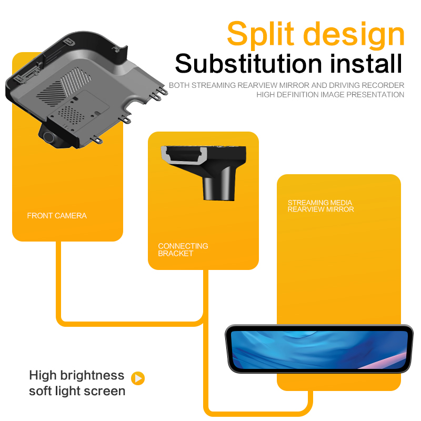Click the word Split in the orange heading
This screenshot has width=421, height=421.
(260, 34)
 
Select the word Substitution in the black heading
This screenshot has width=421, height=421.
(248, 64)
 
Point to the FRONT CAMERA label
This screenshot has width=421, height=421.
(57, 216)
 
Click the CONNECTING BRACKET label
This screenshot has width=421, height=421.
(183, 249)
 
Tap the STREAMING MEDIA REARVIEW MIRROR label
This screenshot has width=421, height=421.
(320, 206)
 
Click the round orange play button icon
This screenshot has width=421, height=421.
(138, 378)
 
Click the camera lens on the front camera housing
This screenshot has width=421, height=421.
(49, 137)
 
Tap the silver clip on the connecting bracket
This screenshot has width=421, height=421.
(184, 156)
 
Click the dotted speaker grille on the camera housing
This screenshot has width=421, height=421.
(71, 115)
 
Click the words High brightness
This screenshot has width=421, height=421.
(77, 375)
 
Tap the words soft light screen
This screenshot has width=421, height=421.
(77, 391)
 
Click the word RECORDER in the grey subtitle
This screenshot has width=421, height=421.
(383, 85)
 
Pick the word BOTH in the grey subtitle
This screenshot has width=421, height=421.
(179, 85)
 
